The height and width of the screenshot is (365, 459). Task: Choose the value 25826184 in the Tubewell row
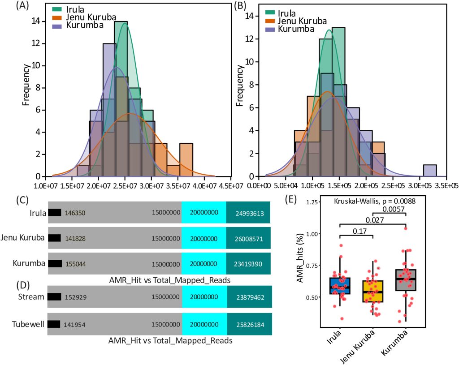249,323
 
